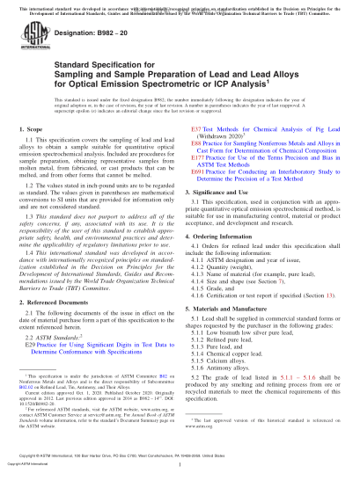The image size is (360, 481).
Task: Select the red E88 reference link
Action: click(196, 141)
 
